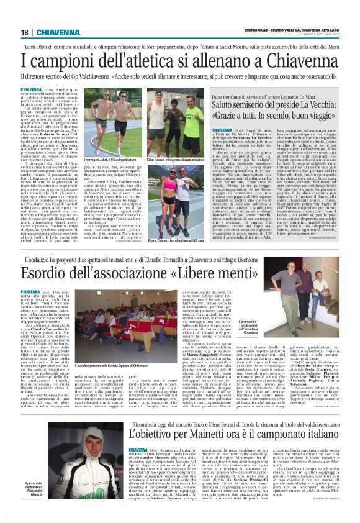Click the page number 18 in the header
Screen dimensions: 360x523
(x=25, y=32)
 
